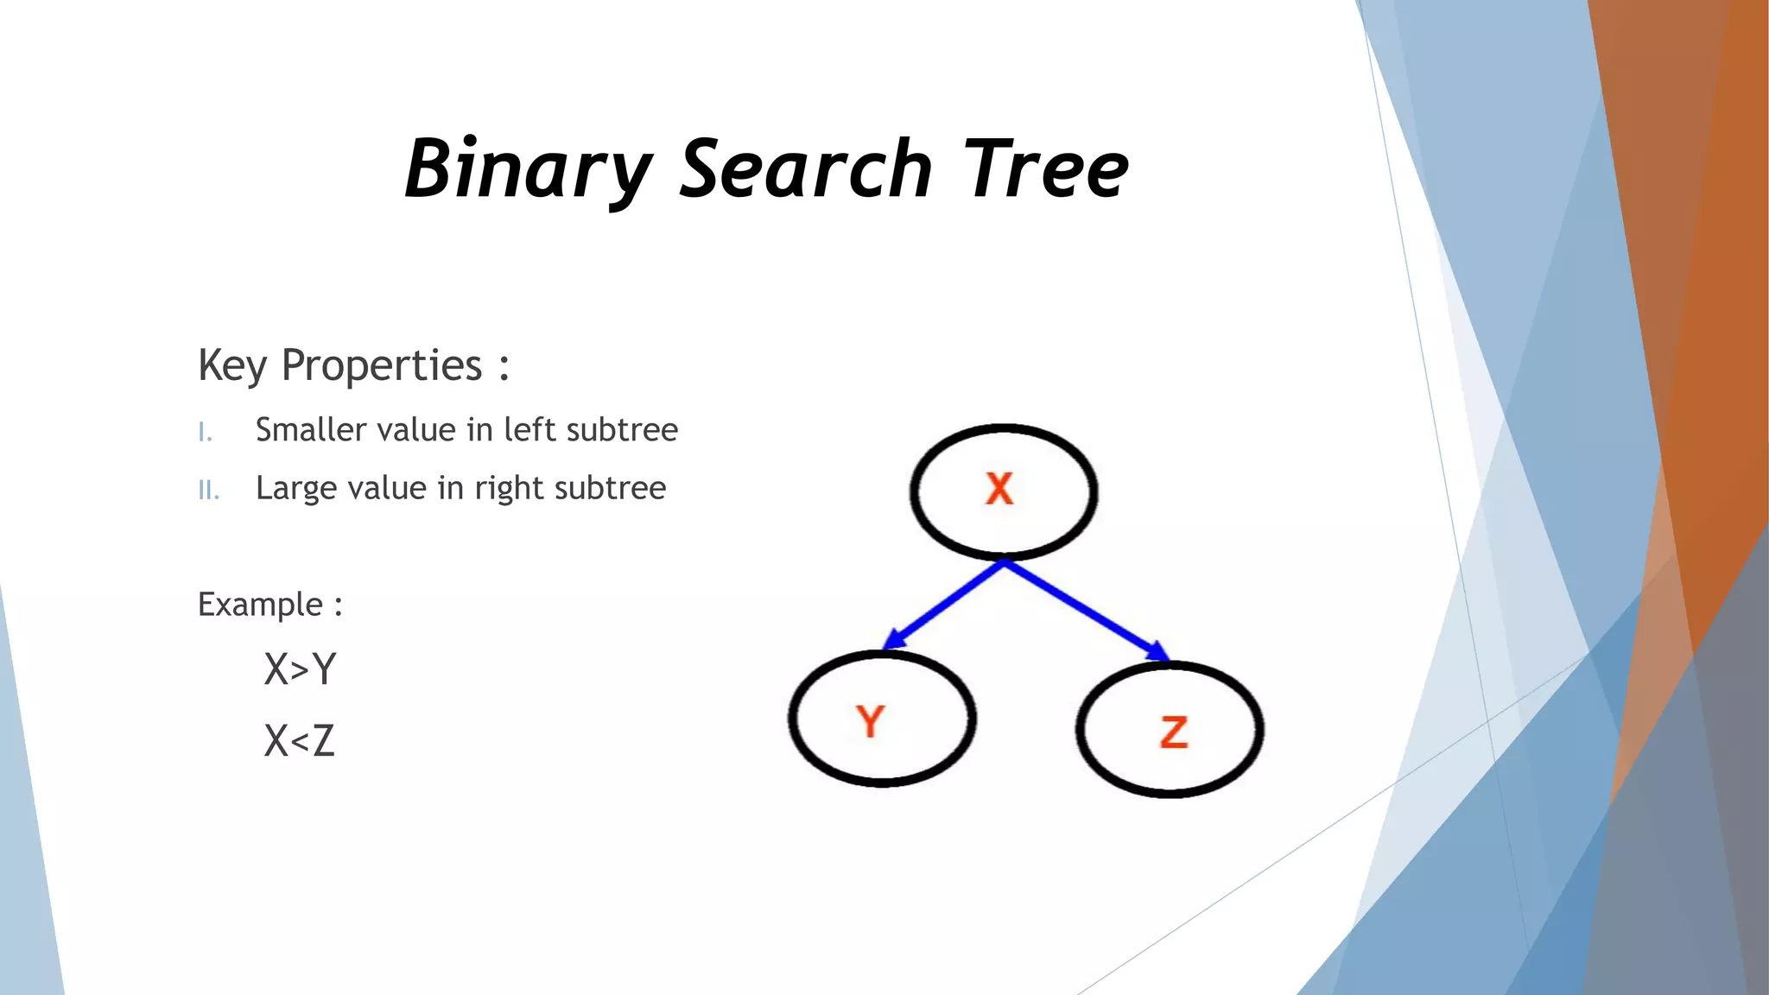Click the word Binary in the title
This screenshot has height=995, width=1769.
[x=529, y=169]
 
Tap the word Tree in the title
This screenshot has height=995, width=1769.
[x=1045, y=169]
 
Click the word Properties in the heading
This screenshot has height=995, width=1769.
[x=382, y=365]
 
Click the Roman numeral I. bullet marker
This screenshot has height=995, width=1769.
[x=205, y=432]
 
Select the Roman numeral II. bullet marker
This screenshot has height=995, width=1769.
[x=208, y=491]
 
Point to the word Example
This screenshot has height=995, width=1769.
[x=260, y=605]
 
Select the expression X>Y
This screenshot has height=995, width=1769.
[x=300, y=669]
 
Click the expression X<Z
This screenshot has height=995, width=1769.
[x=299, y=741]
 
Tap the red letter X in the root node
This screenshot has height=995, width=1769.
[x=999, y=489]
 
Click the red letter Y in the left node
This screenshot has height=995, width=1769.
[x=871, y=721]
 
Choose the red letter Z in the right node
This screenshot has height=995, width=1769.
[x=1174, y=732]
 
